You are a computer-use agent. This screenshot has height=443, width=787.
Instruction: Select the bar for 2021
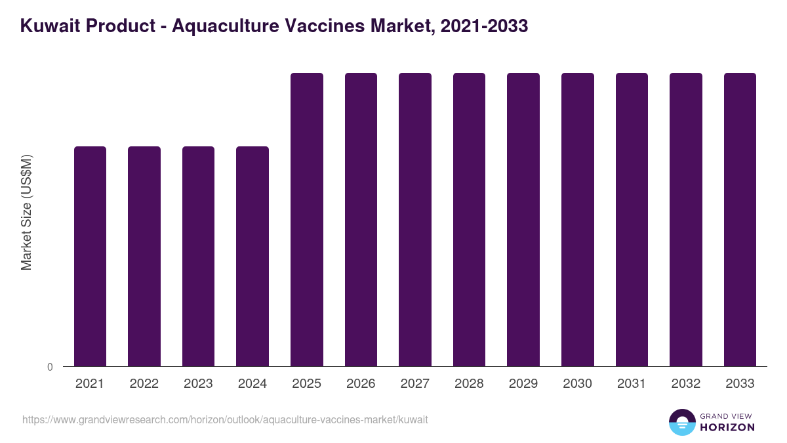pos(90,256)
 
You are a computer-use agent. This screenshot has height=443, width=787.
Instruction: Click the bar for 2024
pos(252,256)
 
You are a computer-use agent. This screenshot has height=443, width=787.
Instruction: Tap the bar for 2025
pos(307,220)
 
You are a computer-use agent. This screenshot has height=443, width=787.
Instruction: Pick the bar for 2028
pos(469,220)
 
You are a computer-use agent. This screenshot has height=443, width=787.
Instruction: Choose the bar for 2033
pos(740,220)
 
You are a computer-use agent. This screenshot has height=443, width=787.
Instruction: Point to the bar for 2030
pos(578,220)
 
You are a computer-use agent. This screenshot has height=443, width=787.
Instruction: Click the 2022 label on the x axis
pos(144,384)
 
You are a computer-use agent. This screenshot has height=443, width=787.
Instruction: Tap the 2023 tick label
pos(198,384)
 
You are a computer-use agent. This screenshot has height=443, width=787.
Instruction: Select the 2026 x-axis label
pos(361,384)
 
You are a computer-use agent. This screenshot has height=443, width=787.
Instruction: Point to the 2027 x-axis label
pos(415,384)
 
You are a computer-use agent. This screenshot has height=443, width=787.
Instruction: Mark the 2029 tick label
pos(523,384)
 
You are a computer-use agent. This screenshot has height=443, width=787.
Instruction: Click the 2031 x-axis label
pos(632,384)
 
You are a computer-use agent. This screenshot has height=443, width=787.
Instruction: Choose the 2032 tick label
pos(686,384)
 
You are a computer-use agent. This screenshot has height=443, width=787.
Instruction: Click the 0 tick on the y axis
pos(50,367)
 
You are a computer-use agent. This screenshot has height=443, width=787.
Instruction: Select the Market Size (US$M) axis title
pos(26,212)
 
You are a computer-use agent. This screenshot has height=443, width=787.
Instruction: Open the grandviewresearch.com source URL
pos(225,419)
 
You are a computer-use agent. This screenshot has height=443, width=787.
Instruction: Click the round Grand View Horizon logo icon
pos(681,422)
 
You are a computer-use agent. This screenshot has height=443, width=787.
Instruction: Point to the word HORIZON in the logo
pos(727,427)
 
